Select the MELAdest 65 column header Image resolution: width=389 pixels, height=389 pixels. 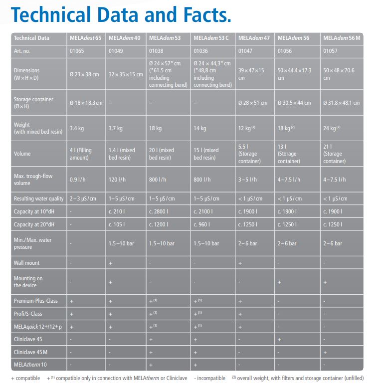point(85,38)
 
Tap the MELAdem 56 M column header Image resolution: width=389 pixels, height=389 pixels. point(342,38)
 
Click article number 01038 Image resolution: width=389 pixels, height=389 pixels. point(158,51)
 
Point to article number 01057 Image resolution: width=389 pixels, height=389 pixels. point(331,51)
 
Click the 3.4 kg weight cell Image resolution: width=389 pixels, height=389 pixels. point(77,129)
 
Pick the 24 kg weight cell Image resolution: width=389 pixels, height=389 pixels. point(332,129)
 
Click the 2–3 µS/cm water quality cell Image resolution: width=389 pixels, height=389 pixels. point(85,198)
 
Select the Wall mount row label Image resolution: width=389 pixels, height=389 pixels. point(27,263)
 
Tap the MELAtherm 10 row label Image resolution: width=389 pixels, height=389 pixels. point(30,365)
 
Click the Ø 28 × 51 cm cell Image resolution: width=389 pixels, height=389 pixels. point(253,103)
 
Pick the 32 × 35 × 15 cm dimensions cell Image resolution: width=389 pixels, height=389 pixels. point(125,74)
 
